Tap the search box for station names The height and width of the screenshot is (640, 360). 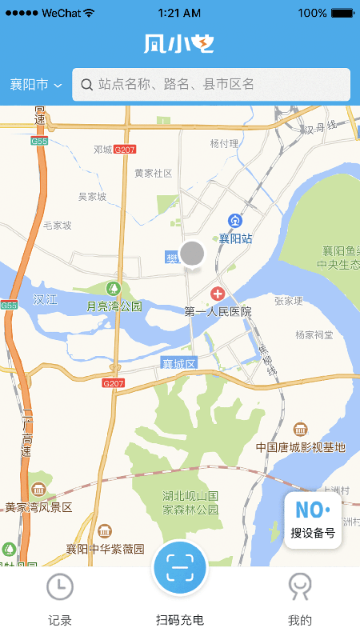pyautogui.click(x=211, y=84)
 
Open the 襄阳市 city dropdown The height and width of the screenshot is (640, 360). pyautogui.click(x=36, y=85)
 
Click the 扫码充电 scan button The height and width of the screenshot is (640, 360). pyautogui.click(x=180, y=569)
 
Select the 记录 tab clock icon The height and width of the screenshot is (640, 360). pyautogui.click(x=60, y=587)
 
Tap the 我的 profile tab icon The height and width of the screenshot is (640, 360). pyautogui.click(x=299, y=587)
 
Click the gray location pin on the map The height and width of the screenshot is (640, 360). pyautogui.click(x=192, y=254)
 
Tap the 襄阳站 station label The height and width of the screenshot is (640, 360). pyautogui.click(x=236, y=238)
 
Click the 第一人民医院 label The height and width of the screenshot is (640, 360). pyautogui.click(x=218, y=311)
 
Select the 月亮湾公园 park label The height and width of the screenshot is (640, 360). pyautogui.click(x=114, y=306)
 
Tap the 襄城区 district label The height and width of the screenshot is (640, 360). pyautogui.click(x=178, y=363)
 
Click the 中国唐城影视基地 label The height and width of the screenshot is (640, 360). pyautogui.click(x=300, y=446)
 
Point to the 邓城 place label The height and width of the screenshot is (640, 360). pyautogui.click(x=102, y=150)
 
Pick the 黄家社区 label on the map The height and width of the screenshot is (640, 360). pyautogui.click(x=153, y=173)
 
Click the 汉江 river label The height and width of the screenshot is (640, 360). pyautogui.click(x=46, y=299)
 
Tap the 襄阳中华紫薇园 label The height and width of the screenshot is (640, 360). pyautogui.click(x=105, y=549)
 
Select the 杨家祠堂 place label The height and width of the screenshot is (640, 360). pyautogui.click(x=314, y=335)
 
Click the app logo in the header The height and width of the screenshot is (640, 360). pyautogui.click(x=179, y=44)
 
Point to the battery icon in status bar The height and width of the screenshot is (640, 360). pyautogui.click(x=342, y=13)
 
